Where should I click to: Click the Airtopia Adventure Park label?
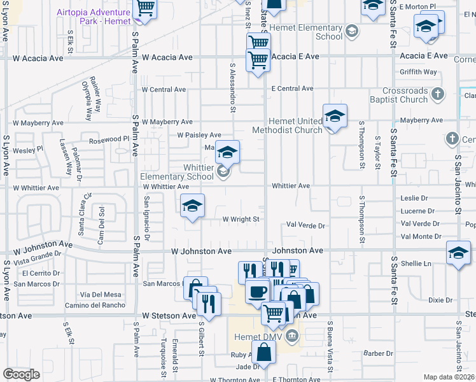coord(92,16)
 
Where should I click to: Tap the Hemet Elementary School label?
coord(305,32)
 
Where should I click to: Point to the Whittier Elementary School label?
coord(177,172)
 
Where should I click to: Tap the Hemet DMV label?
coord(258,336)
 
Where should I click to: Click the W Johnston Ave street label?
coord(201,251)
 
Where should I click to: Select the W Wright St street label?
coord(241,219)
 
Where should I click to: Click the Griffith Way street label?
coord(418,72)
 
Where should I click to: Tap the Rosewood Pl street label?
coord(109,139)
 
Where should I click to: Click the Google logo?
coord(21,374)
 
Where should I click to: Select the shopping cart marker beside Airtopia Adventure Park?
coord(145,9)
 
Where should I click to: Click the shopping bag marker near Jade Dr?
coord(263,351)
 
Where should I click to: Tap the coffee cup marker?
coord(257,292)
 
